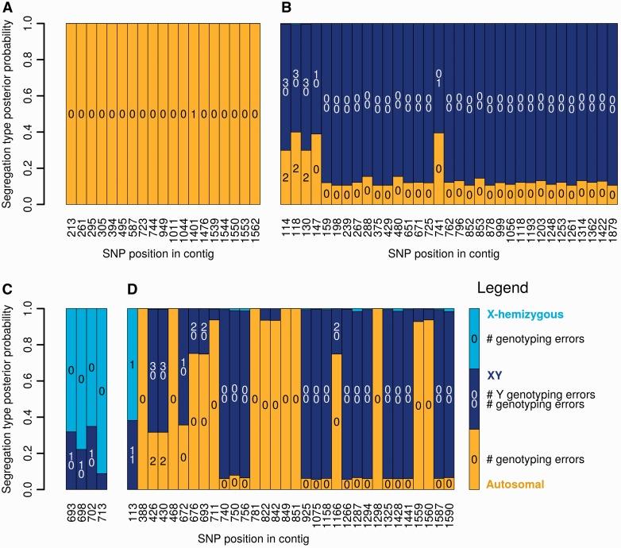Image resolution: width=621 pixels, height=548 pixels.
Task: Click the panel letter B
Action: coord(286,9)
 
